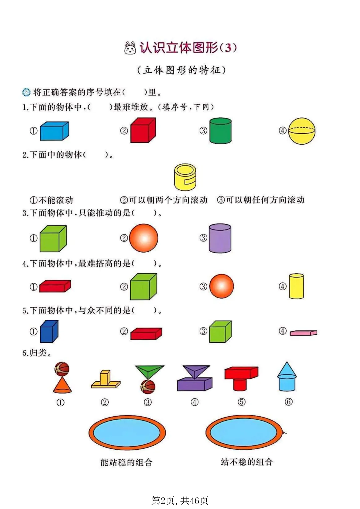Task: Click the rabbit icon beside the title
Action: tap(130, 48)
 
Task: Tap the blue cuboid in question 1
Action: tap(55, 131)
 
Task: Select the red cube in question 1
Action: tap(143, 130)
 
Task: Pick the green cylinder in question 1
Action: tap(220, 131)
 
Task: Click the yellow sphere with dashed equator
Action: tap(302, 131)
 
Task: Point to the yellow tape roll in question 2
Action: tap(185, 177)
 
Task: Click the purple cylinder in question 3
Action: tap(220, 238)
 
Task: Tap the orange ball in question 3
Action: tap(144, 238)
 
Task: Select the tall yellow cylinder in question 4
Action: tap(296, 286)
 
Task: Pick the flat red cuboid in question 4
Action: tap(55, 286)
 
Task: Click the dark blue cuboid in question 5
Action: tap(49, 331)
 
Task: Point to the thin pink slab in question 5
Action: tap(303, 333)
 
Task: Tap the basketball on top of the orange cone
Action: tap(62, 369)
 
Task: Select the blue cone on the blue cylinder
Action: tap(287, 369)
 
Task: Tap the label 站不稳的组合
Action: tap(247, 462)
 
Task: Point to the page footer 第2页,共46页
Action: tap(180, 500)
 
